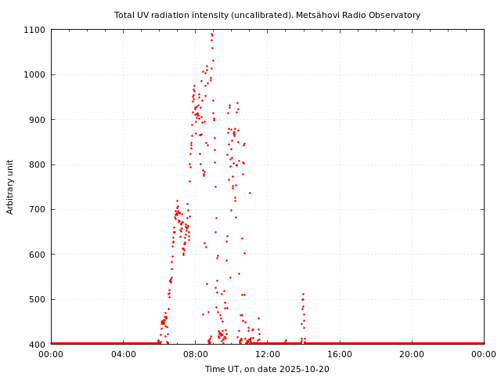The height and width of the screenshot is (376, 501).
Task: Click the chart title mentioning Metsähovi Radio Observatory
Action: pyautogui.click(x=267, y=15)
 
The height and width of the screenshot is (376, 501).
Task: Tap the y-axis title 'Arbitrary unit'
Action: pyautogui.click(x=11, y=186)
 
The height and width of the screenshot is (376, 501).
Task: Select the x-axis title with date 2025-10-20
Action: pyautogui.click(x=267, y=369)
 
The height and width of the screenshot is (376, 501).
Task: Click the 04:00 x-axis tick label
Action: pyautogui.click(x=123, y=355)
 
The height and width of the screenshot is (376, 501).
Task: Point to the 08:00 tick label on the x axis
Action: pyautogui.click(x=195, y=355)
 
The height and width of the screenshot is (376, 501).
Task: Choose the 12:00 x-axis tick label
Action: pyautogui.click(x=267, y=355)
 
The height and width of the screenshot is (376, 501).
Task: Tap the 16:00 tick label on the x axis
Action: pyautogui.click(x=339, y=355)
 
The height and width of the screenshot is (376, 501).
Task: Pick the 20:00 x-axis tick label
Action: pyautogui.click(x=412, y=355)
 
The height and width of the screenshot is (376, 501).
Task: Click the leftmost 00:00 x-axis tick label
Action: pyautogui.click(x=51, y=355)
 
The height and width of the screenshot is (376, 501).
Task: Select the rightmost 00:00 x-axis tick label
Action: pyautogui.click(x=484, y=355)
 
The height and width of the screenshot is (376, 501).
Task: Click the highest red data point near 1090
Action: pyautogui.click(x=211, y=34)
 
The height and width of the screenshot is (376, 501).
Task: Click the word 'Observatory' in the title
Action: pyautogui.click(x=395, y=15)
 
